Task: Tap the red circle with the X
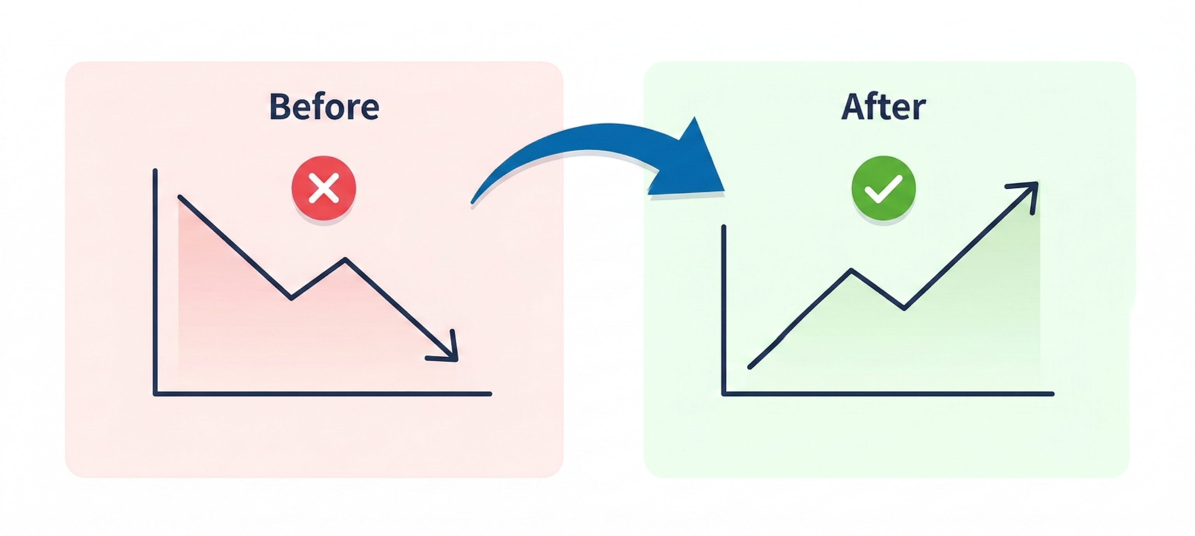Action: [x=324, y=188]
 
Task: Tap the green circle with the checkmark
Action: [x=883, y=188]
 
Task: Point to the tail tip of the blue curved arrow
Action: [x=473, y=203]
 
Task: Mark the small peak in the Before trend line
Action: [x=345, y=259]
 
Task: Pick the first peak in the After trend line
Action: [x=851, y=270]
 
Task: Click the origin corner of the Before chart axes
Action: [x=155, y=394]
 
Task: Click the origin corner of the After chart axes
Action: [x=724, y=394]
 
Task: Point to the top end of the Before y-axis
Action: [x=155, y=171]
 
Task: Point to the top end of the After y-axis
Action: [x=724, y=227]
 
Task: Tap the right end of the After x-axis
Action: [x=1053, y=394]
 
